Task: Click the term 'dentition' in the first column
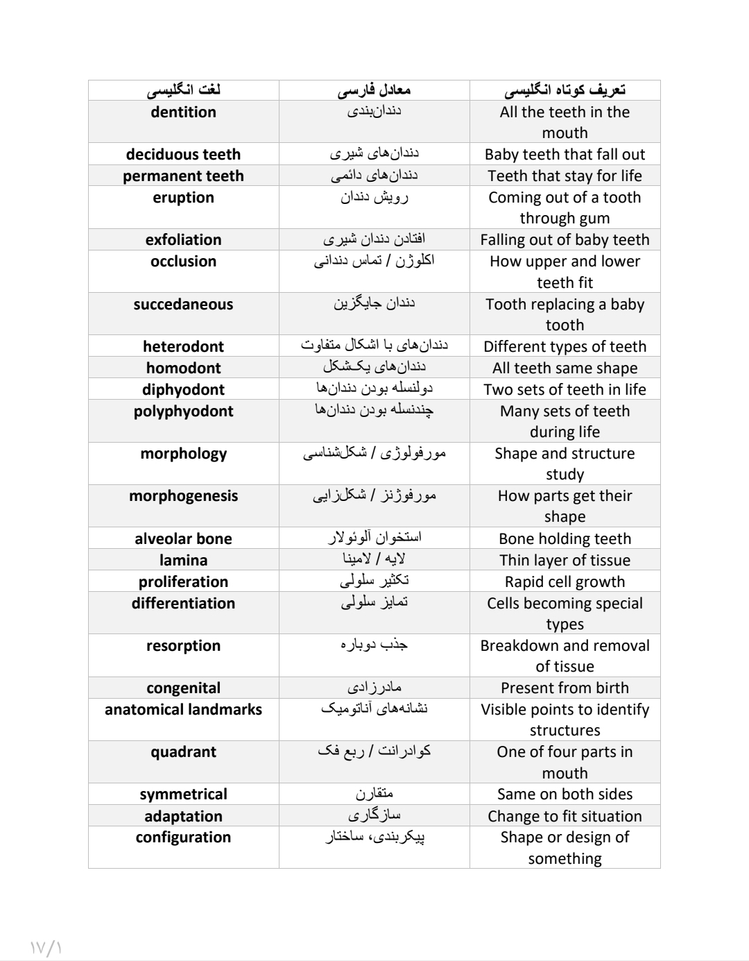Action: (183, 112)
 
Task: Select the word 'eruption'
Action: (183, 198)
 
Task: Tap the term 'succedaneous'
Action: (183, 305)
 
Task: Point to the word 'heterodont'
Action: (183, 347)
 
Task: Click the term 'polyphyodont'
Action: (183, 411)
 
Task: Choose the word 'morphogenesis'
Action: (183, 496)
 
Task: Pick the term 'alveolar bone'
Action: (183, 539)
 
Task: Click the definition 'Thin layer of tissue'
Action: (565, 561)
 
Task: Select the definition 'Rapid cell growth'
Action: (565, 582)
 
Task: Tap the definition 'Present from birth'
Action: (565, 688)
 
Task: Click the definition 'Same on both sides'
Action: (565, 794)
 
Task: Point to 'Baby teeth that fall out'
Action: (565, 155)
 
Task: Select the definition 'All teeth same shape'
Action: (565, 368)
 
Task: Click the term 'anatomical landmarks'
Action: (183, 710)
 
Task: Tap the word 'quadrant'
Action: (183, 752)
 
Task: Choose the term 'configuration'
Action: (183, 837)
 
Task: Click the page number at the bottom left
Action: (46, 947)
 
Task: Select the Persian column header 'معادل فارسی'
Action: (374, 90)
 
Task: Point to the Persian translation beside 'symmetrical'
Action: (374, 794)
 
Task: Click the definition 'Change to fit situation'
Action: (565, 817)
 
